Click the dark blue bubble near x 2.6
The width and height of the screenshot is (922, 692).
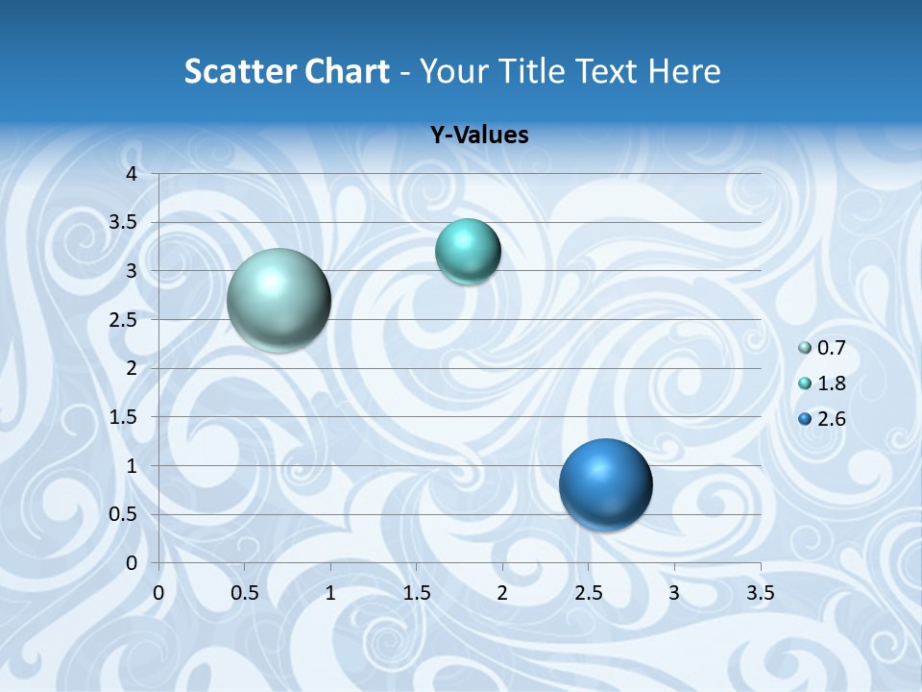pyautogui.click(x=605, y=484)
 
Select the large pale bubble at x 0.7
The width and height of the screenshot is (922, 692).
pyautogui.click(x=279, y=300)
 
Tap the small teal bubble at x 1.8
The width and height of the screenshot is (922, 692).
pyautogui.click(x=468, y=252)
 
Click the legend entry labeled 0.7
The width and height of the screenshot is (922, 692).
pyautogui.click(x=822, y=348)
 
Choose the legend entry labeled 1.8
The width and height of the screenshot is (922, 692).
pyautogui.click(x=822, y=383)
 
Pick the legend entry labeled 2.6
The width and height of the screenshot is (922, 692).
pyautogui.click(x=822, y=419)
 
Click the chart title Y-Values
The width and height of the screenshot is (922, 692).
pyautogui.click(x=478, y=136)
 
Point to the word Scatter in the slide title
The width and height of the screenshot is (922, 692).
pyautogui.click(x=240, y=71)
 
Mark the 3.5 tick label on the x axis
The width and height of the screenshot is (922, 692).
pyautogui.click(x=761, y=593)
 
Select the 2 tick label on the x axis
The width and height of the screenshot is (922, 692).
pyautogui.click(x=502, y=593)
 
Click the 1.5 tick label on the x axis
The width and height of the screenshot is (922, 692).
pyautogui.click(x=416, y=593)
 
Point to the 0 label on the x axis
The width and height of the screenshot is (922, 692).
pyautogui.click(x=158, y=593)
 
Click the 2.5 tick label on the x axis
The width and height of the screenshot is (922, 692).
pyautogui.click(x=588, y=593)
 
